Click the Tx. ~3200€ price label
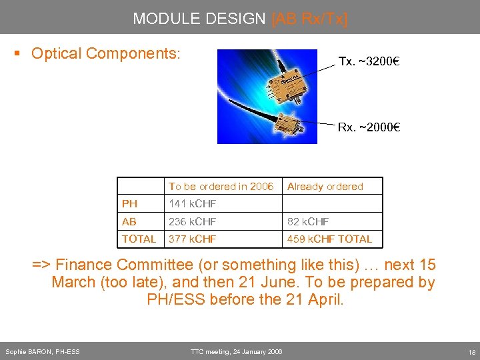pos(369,61)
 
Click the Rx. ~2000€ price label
pos(368,127)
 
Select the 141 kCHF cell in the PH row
pos(192,204)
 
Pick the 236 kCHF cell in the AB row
pos(192,221)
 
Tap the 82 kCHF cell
pos(308,221)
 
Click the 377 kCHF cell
pos(192,239)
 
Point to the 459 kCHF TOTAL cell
pos(329,239)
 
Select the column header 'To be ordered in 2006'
pos(221,187)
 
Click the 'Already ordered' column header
pos(325,187)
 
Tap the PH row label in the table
pos(129,204)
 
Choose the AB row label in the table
pos(129,221)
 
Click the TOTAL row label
pos(139,239)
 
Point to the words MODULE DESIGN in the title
pos(199,19)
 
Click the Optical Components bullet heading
pos(105,53)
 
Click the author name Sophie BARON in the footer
pos(42,351)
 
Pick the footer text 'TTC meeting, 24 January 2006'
pos(236,351)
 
